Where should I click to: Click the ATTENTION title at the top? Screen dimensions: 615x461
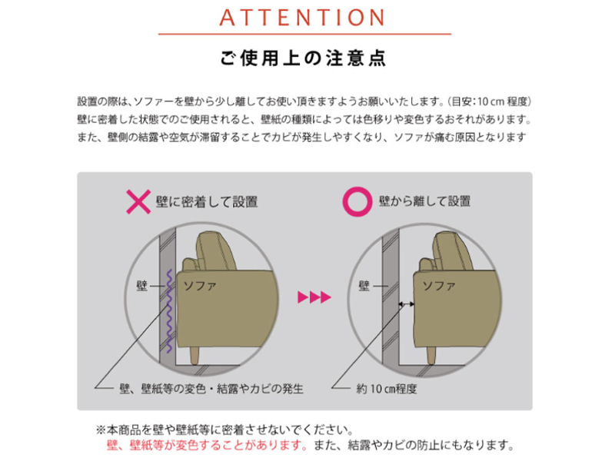coord(302,18)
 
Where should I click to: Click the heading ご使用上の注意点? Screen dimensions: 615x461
coord(303,58)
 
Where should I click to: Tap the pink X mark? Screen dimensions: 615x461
coord(138,201)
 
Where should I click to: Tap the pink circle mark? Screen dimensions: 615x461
coord(357,201)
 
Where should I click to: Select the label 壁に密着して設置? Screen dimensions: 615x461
coord(207,202)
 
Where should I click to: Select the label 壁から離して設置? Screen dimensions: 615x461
coord(425,201)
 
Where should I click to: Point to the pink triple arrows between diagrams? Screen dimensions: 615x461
coord(314,297)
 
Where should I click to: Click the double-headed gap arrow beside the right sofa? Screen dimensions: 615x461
coord(407,303)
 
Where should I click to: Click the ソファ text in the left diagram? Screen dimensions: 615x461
coord(200,286)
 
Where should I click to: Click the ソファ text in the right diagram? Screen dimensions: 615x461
coord(439,286)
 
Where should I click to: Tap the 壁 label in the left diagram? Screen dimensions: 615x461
coord(142,286)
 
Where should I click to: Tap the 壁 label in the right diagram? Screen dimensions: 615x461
coord(364,286)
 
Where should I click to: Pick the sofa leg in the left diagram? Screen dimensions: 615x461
coord(194,356)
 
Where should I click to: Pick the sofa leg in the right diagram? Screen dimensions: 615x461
coord(431,356)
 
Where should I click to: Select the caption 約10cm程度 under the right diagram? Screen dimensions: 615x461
coord(387,389)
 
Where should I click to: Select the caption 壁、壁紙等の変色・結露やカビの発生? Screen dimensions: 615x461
coord(211,389)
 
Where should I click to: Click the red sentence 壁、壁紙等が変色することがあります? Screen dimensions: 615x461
coord(207,446)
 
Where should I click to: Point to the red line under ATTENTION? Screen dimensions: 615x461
coord(304,34)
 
